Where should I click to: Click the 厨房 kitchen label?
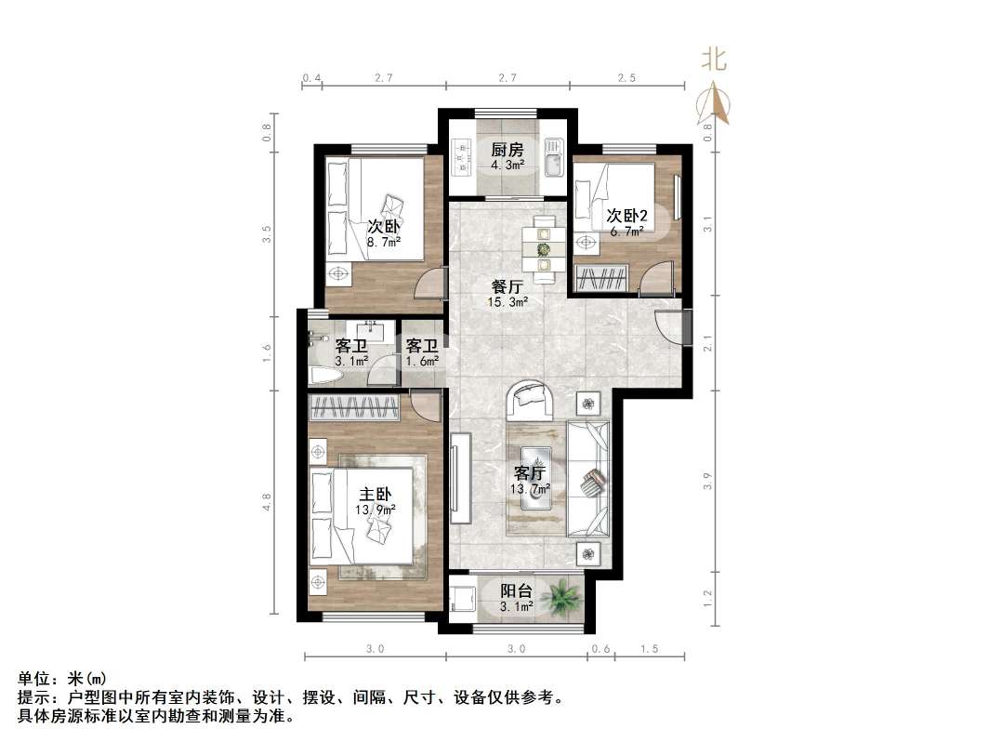[x=508, y=151]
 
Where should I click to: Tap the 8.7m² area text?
[x=383, y=243]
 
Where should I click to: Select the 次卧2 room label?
[x=627, y=216]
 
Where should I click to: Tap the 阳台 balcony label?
[x=516, y=590]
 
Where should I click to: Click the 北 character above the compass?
[x=713, y=61]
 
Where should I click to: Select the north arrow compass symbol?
[x=716, y=104]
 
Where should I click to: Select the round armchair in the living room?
[x=532, y=400]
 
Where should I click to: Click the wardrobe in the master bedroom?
[x=355, y=406]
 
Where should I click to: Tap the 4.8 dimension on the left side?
[x=267, y=502]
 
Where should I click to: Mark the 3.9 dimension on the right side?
[x=708, y=481]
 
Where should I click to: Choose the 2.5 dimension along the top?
[x=626, y=79]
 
